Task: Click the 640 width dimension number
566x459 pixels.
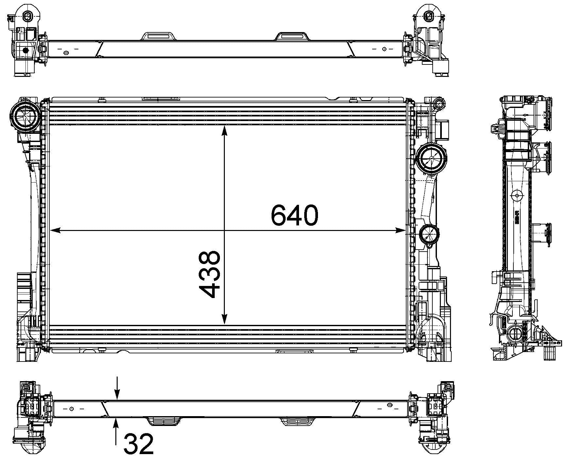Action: [x=294, y=215]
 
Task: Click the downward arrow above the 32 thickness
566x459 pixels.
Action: [x=117, y=395]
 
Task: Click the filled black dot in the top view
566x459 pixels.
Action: [x=25, y=51]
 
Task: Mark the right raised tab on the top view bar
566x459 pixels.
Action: [x=292, y=36]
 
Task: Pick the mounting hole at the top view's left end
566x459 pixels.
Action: [x=29, y=15]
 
